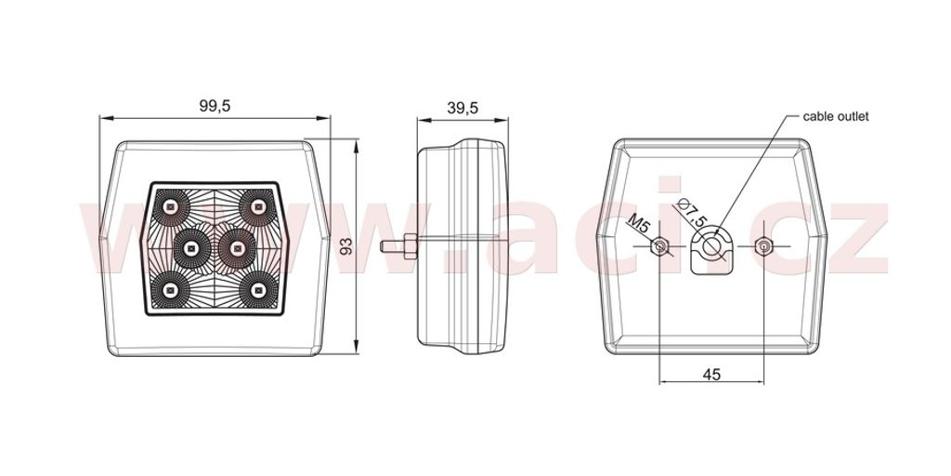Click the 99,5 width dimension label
215,106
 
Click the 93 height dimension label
345,245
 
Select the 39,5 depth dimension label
462,108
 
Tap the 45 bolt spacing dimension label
711,375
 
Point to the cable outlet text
836,116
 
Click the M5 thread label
639,225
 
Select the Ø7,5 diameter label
691,213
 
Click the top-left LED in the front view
171,207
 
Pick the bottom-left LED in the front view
171,290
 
